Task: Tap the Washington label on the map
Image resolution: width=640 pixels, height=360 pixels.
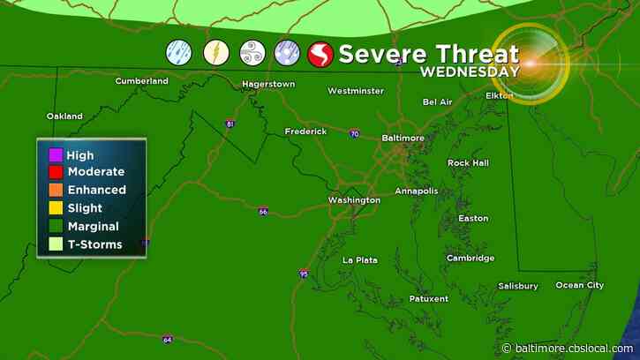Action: (x=354, y=200)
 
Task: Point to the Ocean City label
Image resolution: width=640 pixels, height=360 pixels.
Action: (x=579, y=285)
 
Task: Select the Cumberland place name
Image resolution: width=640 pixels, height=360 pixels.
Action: (x=141, y=81)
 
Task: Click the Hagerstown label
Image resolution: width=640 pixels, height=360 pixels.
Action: (x=268, y=85)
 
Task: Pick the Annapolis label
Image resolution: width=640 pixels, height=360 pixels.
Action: (x=416, y=191)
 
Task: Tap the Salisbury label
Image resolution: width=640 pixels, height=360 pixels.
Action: (x=517, y=286)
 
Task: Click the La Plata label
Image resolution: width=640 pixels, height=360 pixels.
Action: (x=360, y=259)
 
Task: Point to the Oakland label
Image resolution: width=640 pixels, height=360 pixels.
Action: (x=64, y=116)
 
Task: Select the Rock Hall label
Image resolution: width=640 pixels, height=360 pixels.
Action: (x=469, y=163)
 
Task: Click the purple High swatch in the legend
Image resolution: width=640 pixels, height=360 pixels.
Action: (x=56, y=156)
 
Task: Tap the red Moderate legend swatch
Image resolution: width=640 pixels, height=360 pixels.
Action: (x=56, y=172)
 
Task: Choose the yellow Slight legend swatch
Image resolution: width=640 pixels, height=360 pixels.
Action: (x=56, y=208)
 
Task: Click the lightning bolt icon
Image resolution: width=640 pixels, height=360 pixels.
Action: (x=216, y=53)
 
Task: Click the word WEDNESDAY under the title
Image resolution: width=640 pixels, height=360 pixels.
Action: (x=469, y=71)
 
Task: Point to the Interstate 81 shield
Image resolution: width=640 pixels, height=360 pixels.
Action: (x=230, y=124)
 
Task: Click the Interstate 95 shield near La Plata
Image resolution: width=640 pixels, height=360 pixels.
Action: (x=303, y=274)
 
